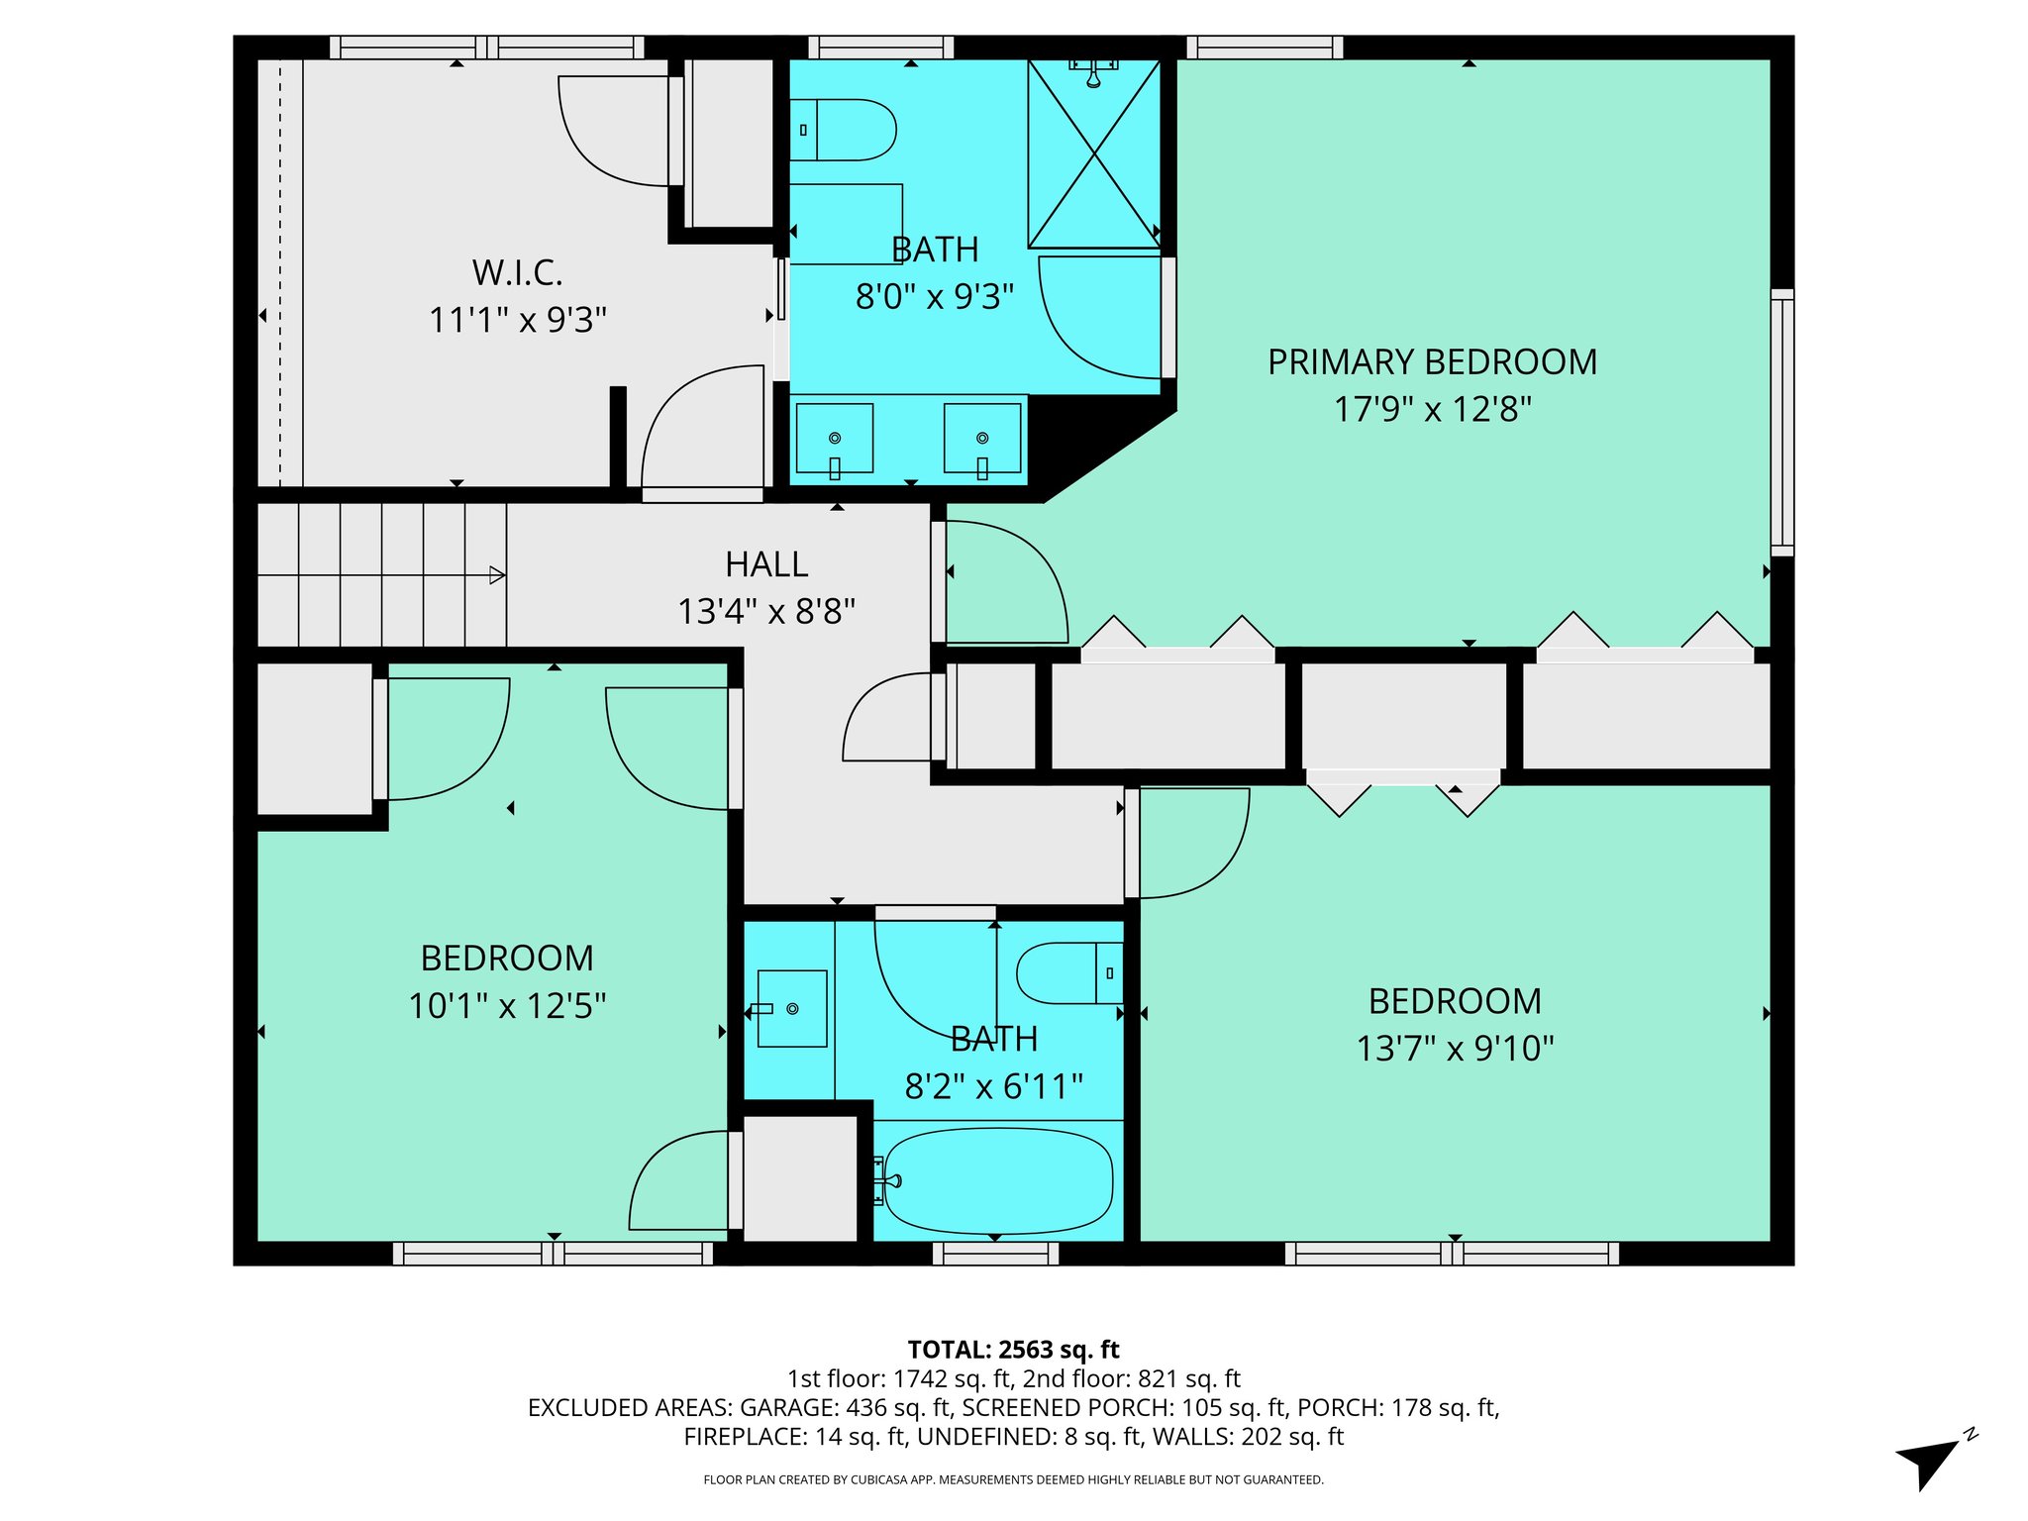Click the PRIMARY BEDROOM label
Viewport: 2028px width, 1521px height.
pyautogui.click(x=1432, y=362)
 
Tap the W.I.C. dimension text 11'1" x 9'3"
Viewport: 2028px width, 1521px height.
pyautogui.click(x=517, y=320)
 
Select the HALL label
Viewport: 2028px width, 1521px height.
pyautogui.click(x=766, y=564)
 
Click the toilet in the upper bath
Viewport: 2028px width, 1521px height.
pyautogui.click(x=843, y=130)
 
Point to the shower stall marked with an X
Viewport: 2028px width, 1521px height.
pyautogui.click(x=1094, y=153)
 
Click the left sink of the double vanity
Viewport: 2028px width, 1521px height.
pyautogui.click(x=834, y=438)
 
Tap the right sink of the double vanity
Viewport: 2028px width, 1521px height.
pyautogui.click(x=982, y=438)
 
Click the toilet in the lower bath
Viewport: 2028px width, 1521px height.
pyautogui.click(x=1069, y=972)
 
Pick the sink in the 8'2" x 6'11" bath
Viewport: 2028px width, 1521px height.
pyautogui.click(x=792, y=1008)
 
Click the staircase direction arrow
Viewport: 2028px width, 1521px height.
pyautogui.click(x=497, y=575)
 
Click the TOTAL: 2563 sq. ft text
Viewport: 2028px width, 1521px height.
pyautogui.click(x=1013, y=1350)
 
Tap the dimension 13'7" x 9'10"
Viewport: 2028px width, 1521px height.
pyautogui.click(x=1455, y=1048)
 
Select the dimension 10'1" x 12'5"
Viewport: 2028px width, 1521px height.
pyautogui.click(x=507, y=1006)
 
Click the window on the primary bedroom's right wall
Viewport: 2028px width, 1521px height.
pyautogui.click(x=1781, y=423)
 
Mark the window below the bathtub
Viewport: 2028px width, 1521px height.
pyautogui.click(x=996, y=1254)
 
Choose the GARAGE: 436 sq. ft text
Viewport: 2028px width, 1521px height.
pyautogui.click(x=846, y=1407)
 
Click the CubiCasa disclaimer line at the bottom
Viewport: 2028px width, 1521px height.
pyautogui.click(x=1013, y=1479)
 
